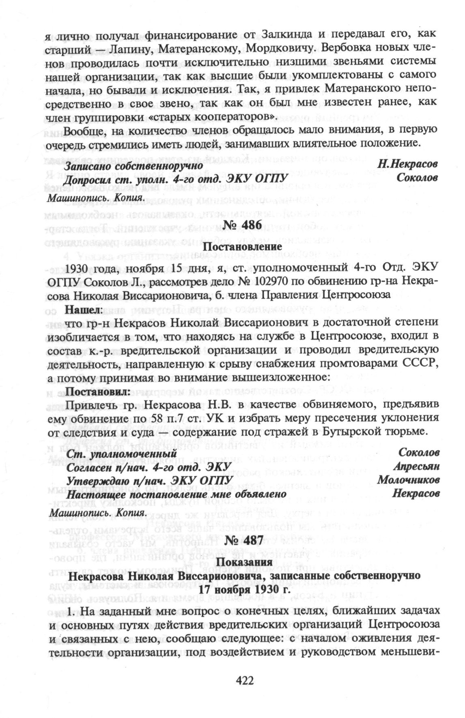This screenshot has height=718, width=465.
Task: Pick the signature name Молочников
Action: click(x=408, y=480)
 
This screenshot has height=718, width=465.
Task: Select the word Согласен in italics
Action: click(x=89, y=467)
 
